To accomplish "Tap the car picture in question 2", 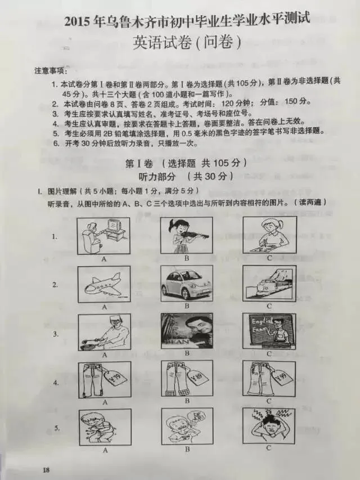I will [186, 284].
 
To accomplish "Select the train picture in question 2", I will [269, 284].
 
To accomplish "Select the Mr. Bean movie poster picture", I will [186, 331].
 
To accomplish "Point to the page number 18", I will [47, 469].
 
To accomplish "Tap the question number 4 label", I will [56, 383].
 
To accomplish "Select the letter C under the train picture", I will [269, 306].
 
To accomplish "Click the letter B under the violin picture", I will [186, 259].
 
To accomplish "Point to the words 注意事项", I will [51, 71].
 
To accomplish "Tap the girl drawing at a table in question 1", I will [269, 235].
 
